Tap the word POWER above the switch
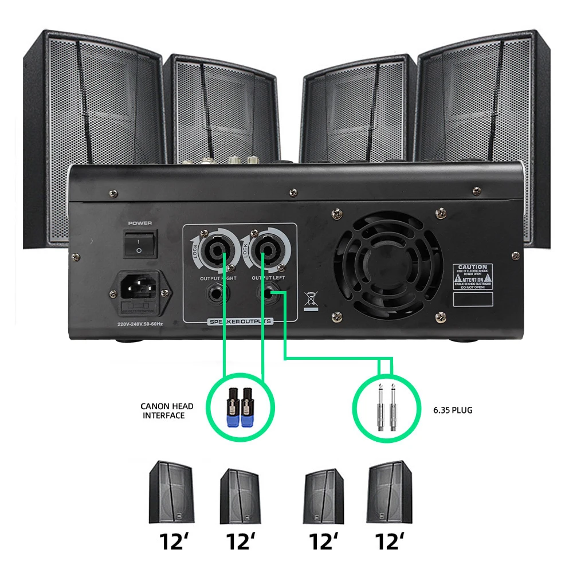(139, 222)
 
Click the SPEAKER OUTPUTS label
(241, 321)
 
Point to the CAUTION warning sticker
(473, 277)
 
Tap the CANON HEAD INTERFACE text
(167, 411)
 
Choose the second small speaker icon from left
(241, 495)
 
